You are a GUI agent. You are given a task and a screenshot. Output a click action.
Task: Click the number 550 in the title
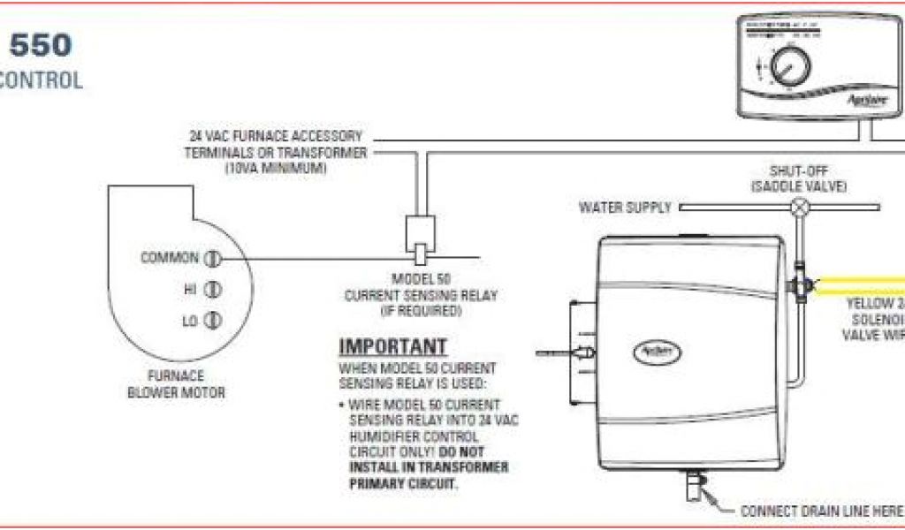click(39, 45)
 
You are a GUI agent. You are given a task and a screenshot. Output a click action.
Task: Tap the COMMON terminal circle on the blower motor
click(212, 259)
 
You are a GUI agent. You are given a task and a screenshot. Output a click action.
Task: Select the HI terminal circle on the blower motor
click(213, 290)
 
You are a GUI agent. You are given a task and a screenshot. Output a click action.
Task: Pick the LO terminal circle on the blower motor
click(213, 321)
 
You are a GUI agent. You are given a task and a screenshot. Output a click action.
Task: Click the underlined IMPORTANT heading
click(393, 346)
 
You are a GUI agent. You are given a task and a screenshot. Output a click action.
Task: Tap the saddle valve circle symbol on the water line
click(801, 208)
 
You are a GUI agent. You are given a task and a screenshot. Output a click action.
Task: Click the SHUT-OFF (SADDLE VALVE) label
click(799, 178)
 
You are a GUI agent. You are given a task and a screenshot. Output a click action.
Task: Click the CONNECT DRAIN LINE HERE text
click(820, 511)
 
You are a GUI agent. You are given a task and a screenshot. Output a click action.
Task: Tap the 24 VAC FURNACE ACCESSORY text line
click(276, 137)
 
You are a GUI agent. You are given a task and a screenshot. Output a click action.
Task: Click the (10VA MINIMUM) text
click(275, 167)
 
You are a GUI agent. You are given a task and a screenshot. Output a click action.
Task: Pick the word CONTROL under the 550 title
click(41, 81)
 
